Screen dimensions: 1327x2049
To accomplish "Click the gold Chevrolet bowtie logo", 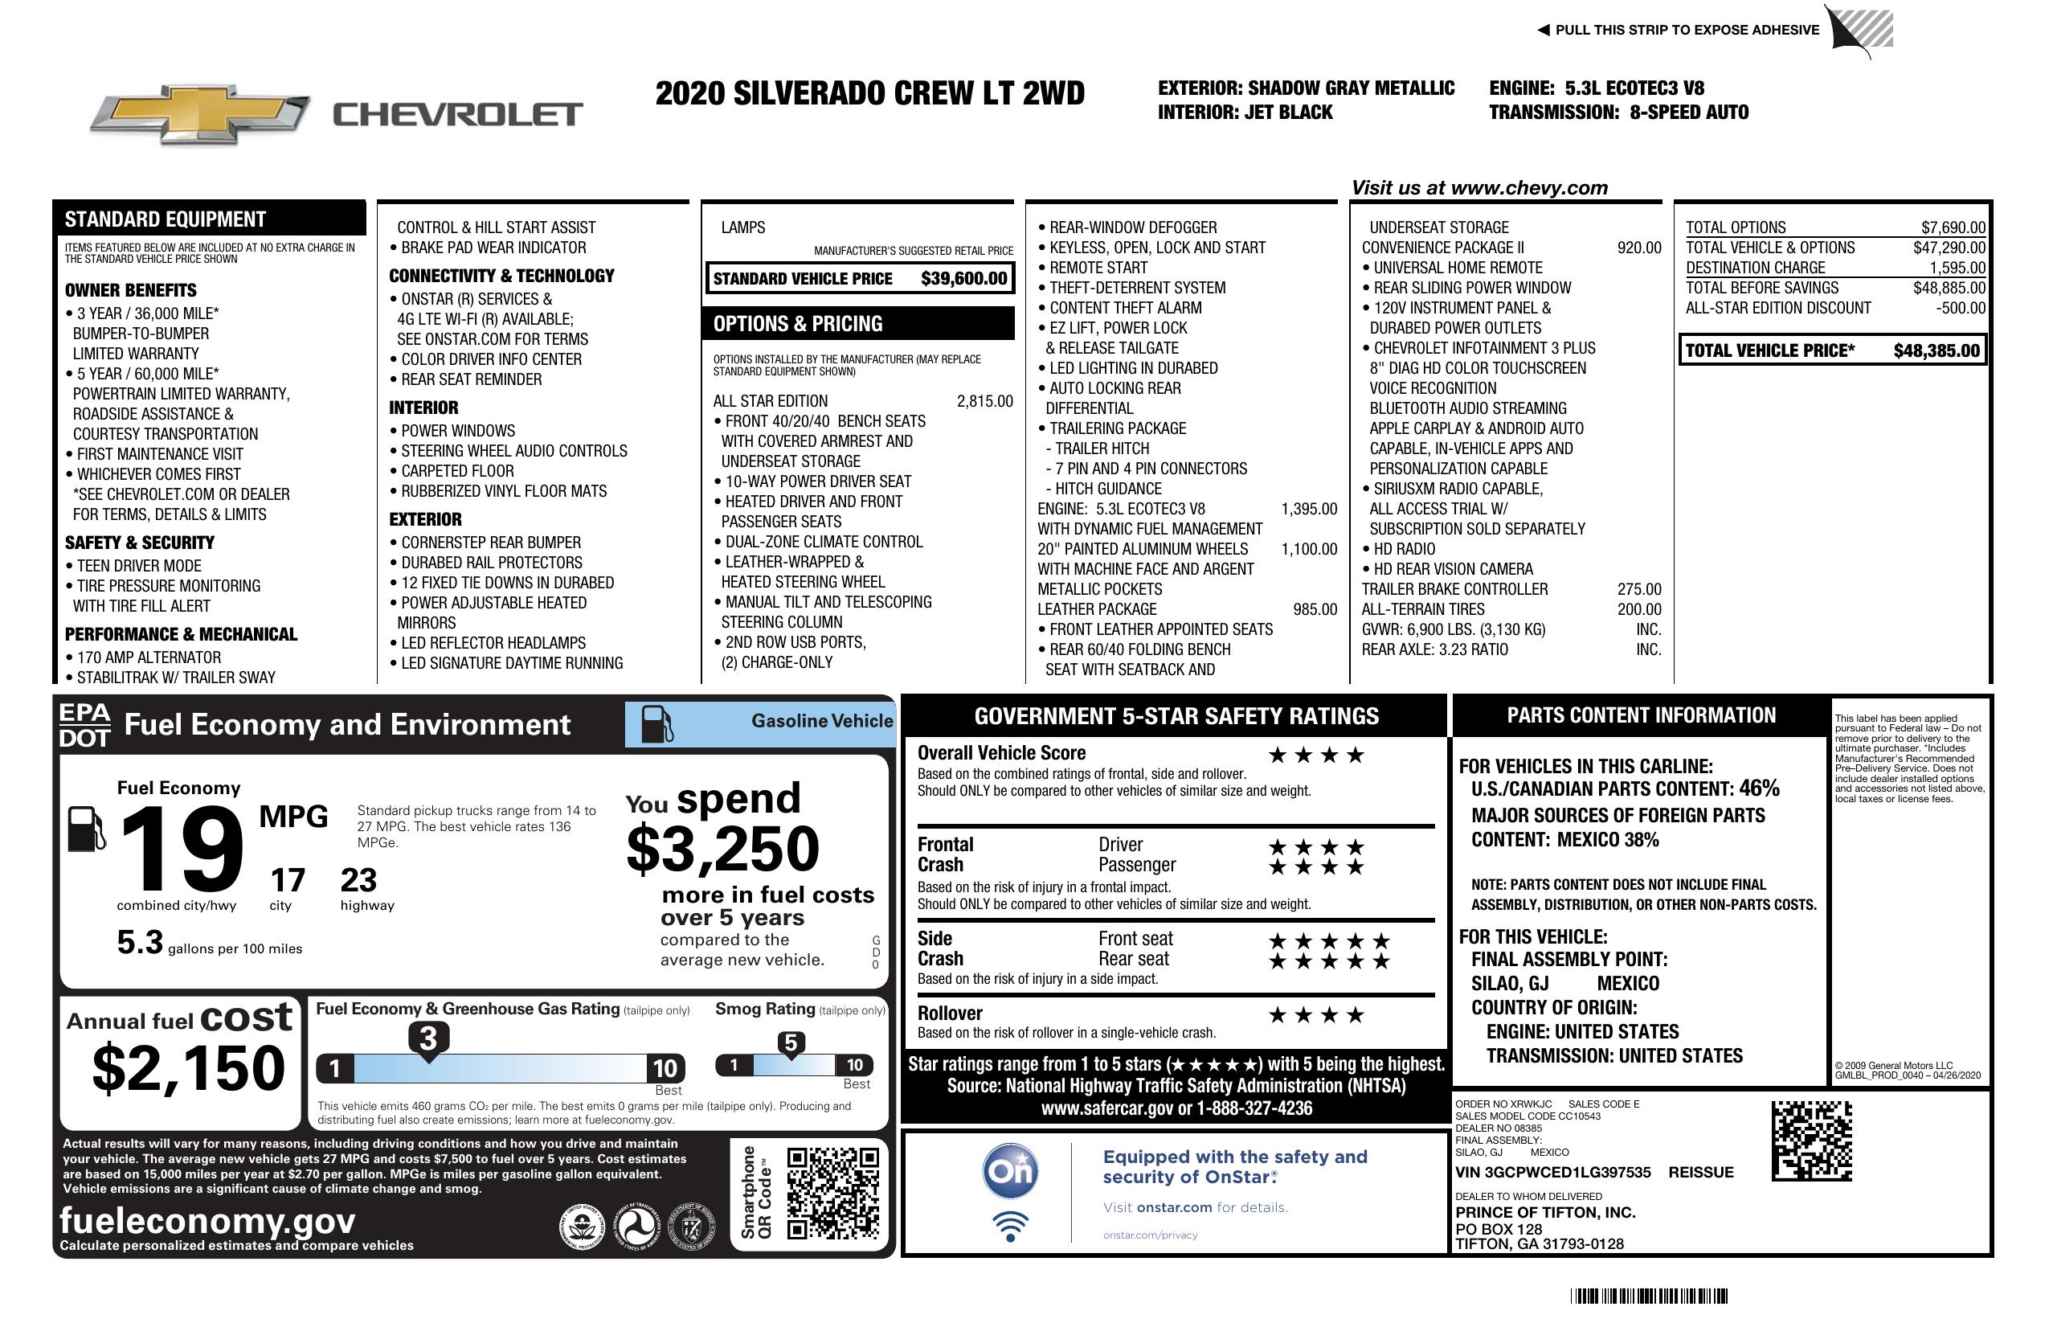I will point(200,113).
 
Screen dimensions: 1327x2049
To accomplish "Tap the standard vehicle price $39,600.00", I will point(963,278).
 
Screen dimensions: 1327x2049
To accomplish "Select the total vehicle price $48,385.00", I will point(1937,350).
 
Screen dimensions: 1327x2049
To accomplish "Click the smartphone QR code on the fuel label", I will point(832,1192).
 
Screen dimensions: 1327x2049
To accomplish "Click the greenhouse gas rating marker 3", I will point(427,1038).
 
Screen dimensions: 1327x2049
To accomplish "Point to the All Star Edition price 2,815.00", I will point(984,401).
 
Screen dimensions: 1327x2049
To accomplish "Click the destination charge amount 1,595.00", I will point(1957,268).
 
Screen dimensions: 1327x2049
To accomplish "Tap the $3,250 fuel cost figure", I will point(722,849).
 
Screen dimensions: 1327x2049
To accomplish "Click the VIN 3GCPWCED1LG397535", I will point(1552,1172).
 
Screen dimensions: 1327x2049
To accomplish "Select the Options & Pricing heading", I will point(797,324).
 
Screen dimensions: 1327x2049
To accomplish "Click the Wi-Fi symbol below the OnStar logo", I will point(1010,1227).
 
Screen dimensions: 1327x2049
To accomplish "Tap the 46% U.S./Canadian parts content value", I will point(1758,788).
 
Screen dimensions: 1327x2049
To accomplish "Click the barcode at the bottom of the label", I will point(1648,1296).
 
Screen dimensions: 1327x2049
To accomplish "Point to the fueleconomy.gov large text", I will point(207,1220).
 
